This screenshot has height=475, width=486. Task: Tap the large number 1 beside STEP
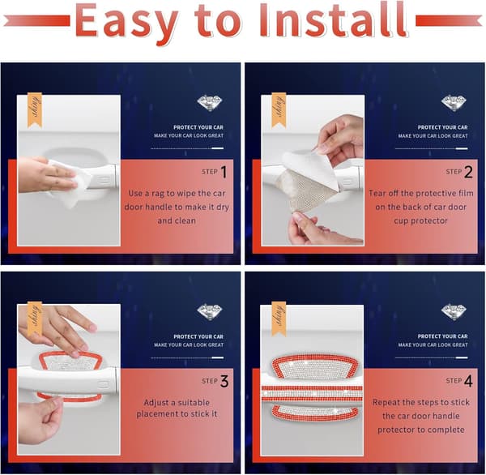(x=224, y=172)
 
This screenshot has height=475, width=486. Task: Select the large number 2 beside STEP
(x=468, y=172)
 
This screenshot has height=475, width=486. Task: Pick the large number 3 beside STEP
(x=224, y=382)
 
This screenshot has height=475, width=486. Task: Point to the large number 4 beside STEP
(x=468, y=381)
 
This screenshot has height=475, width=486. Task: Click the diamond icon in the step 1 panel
(x=210, y=103)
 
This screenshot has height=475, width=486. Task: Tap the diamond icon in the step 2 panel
(x=454, y=103)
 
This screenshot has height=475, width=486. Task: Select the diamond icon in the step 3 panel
(x=210, y=312)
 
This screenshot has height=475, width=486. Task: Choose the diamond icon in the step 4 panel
(x=454, y=312)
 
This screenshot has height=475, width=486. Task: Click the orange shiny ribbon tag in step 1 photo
(x=35, y=110)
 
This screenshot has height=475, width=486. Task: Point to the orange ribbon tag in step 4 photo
(x=279, y=319)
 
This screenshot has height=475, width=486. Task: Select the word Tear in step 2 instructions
(x=377, y=193)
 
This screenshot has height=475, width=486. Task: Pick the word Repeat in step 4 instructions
(x=386, y=403)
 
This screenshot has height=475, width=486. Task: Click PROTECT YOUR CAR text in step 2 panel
(x=442, y=127)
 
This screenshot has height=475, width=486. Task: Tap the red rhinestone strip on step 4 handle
(x=312, y=393)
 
